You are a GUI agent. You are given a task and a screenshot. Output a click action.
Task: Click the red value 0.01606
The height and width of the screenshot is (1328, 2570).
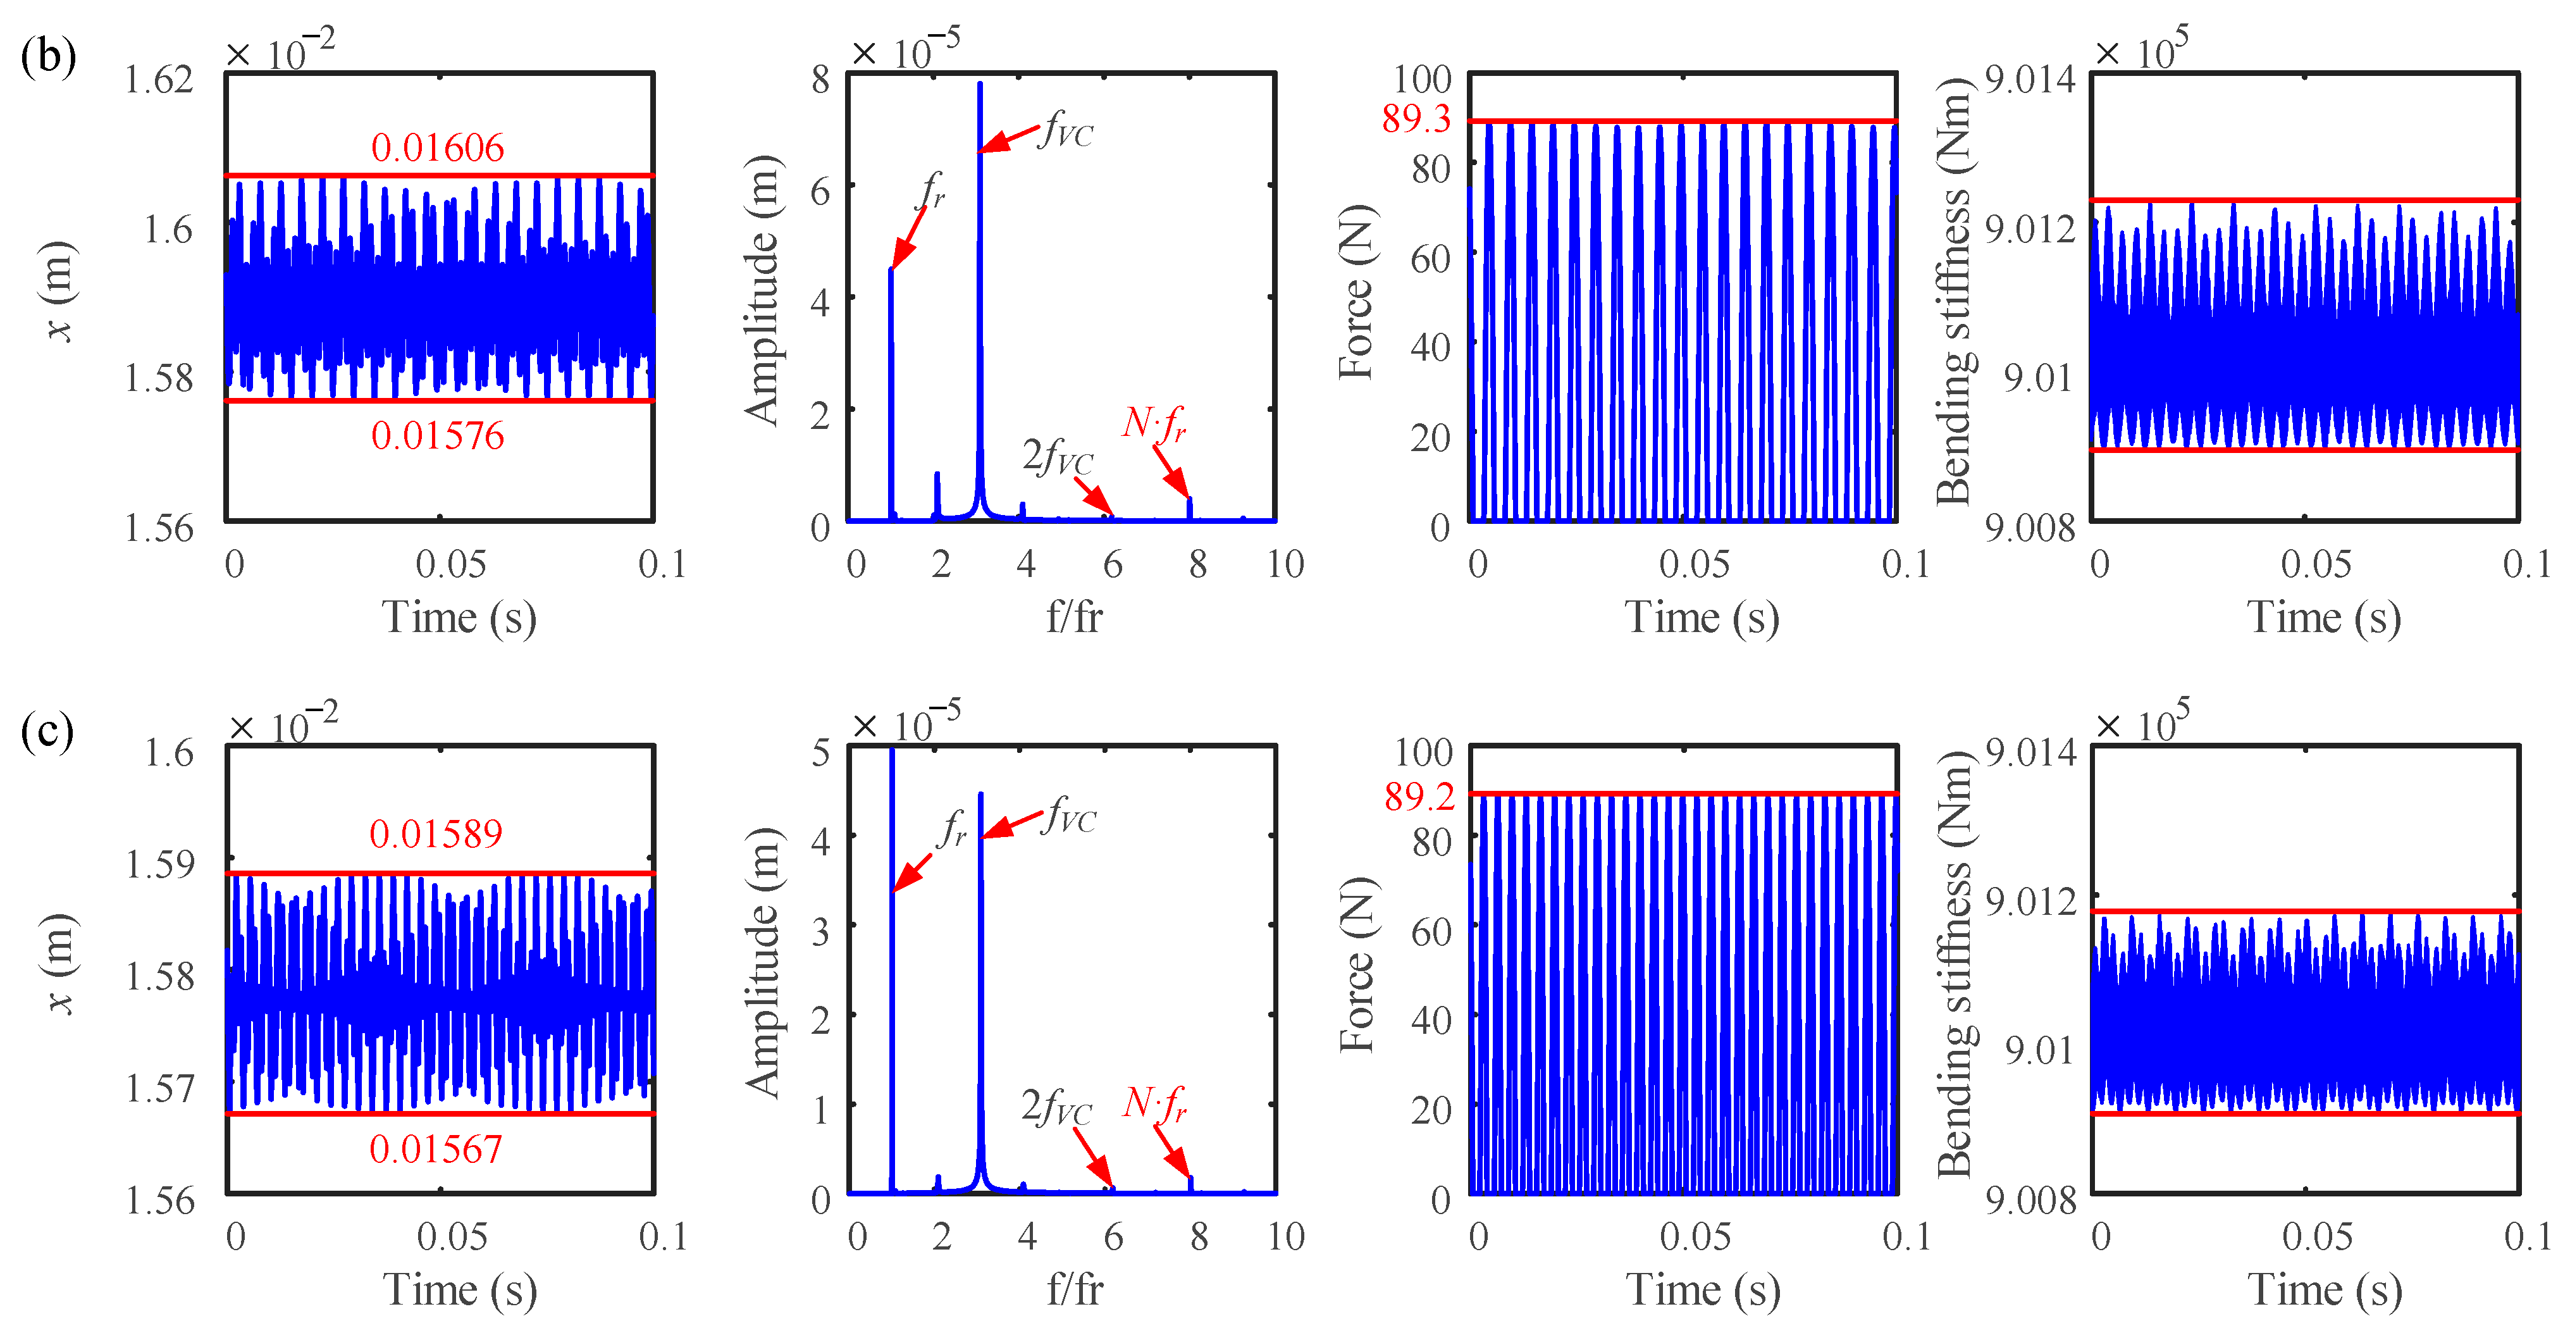click(437, 147)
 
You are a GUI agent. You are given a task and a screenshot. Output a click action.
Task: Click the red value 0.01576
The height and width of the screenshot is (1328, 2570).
click(437, 436)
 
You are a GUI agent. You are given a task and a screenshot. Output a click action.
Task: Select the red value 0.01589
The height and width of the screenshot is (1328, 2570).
click(436, 834)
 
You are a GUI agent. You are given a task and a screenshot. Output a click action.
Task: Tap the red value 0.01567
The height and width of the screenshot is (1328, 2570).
click(436, 1150)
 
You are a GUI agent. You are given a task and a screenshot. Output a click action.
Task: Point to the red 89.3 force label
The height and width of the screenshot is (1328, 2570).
click(1416, 119)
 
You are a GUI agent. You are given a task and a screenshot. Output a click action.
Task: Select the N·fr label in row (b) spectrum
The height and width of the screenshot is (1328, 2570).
click(1154, 423)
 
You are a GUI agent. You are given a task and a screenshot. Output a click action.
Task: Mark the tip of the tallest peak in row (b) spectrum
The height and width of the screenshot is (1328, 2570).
click(980, 84)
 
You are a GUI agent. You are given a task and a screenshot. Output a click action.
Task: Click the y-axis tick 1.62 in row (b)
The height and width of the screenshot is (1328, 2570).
click(159, 79)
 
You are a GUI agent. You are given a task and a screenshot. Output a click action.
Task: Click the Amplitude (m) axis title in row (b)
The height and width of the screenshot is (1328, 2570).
click(761, 290)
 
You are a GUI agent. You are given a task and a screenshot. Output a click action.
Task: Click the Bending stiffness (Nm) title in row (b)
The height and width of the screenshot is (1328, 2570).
click(1953, 290)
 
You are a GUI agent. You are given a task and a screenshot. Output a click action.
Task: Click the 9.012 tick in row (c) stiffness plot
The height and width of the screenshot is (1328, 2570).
click(2030, 901)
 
